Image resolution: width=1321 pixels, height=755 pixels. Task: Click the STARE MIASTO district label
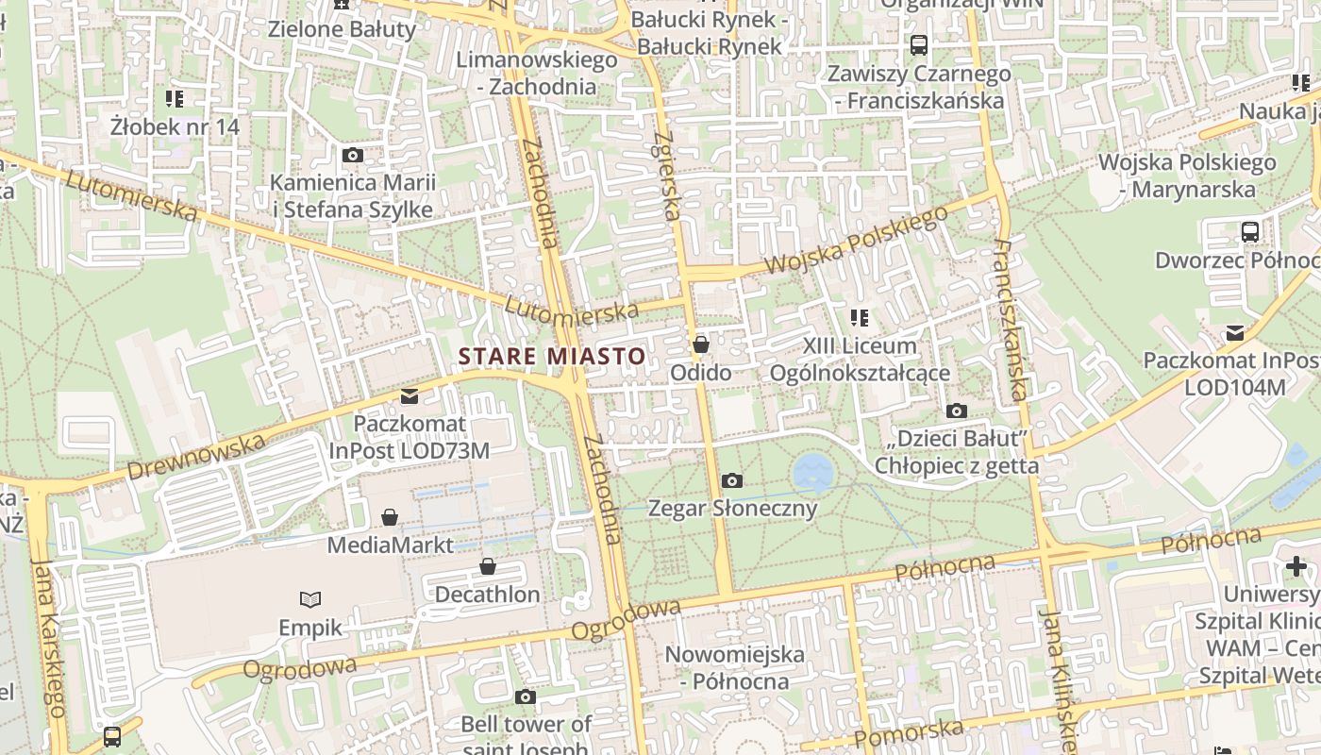pyautogui.click(x=552, y=357)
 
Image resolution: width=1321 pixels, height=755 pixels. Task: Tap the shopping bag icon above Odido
pyautogui.click(x=700, y=344)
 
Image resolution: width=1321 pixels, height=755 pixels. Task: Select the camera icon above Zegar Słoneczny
pyautogui.click(x=731, y=481)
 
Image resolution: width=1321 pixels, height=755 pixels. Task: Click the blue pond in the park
pyautogui.click(x=812, y=471)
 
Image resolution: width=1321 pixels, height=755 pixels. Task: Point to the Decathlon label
pyautogui.click(x=487, y=595)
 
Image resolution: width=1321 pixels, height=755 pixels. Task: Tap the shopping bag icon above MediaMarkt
pyautogui.click(x=390, y=517)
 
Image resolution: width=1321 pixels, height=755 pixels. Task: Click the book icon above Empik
pyautogui.click(x=310, y=599)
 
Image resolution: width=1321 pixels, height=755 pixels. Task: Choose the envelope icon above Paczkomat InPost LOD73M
pyautogui.click(x=410, y=396)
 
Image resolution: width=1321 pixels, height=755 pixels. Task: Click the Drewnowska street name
pyautogui.click(x=195, y=456)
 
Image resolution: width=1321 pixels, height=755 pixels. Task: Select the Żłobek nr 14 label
pyautogui.click(x=175, y=126)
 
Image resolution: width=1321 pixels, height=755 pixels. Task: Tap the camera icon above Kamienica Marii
pyautogui.click(x=353, y=156)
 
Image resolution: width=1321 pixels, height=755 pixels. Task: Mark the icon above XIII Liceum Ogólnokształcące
pyautogui.click(x=859, y=318)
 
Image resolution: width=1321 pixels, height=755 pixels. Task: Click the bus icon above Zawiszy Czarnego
pyautogui.click(x=918, y=44)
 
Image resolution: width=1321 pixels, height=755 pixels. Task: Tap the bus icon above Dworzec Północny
pyautogui.click(x=1250, y=231)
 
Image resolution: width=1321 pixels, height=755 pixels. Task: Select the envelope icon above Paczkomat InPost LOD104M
pyautogui.click(x=1234, y=333)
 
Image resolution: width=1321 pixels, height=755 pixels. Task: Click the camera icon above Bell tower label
pyautogui.click(x=526, y=697)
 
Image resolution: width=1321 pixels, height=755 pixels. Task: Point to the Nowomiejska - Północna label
pyautogui.click(x=735, y=667)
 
